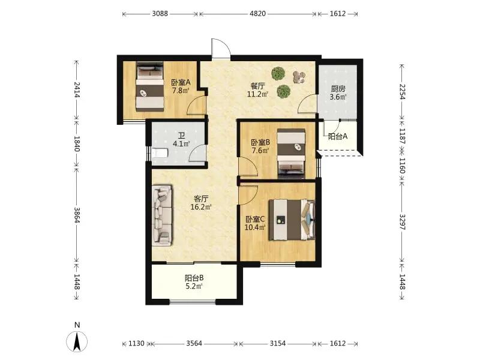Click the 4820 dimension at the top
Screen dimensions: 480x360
coord(257,13)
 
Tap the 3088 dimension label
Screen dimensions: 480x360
coord(160,13)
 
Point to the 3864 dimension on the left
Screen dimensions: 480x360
coord(77,215)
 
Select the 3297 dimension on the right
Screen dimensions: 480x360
coord(402,222)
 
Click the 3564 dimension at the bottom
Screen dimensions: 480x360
coord(194,343)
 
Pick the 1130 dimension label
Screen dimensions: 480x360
coord(136,343)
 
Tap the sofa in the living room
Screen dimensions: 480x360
coord(163,215)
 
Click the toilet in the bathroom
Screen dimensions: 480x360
coord(160,152)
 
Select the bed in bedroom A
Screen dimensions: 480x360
coord(149,87)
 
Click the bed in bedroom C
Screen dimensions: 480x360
coord(292,220)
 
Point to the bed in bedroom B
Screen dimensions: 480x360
coord(291,154)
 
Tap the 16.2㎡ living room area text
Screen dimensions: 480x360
coord(201,207)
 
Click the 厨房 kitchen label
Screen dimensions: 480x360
coord(338,89)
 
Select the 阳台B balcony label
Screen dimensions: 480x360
coord(194,278)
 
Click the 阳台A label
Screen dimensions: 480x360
coord(337,136)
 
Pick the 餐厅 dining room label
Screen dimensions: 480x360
coord(257,86)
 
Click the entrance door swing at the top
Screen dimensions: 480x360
coord(220,49)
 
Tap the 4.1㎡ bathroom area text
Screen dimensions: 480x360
coord(181,143)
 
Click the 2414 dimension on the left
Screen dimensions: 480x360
coord(77,89)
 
